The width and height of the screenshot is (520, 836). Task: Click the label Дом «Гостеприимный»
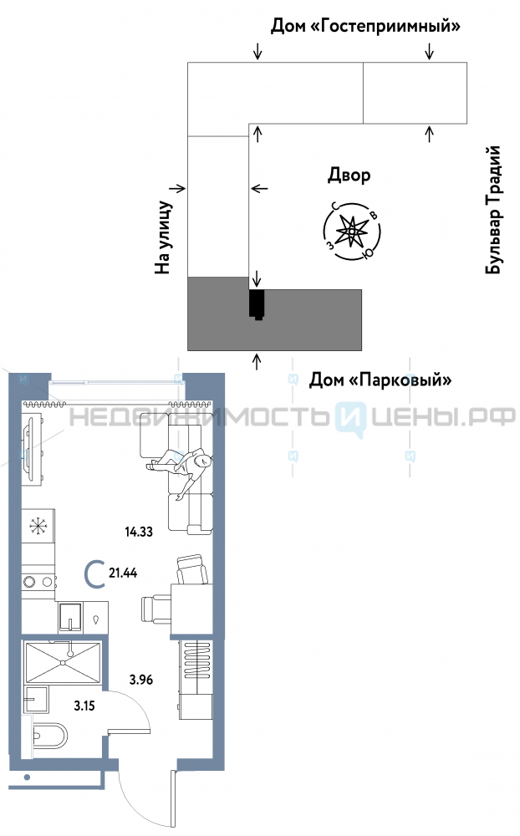click(x=366, y=27)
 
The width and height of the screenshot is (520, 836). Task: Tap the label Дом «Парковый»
click(x=380, y=380)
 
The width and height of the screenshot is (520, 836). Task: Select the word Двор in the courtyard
click(x=349, y=175)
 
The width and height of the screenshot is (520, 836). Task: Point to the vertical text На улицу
click(x=163, y=237)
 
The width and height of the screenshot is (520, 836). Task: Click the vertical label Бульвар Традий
click(x=494, y=210)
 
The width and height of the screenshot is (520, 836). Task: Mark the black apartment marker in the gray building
click(x=257, y=303)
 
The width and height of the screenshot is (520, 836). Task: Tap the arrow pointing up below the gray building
click(x=257, y=361)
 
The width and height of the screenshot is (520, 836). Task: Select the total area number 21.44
click(x=123, y=573)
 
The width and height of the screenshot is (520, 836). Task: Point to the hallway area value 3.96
click(x=141, y=680)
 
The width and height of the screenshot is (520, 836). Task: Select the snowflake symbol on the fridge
click(x=37, y=527)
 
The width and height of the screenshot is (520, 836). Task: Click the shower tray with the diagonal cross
click(x=63, y=662)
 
